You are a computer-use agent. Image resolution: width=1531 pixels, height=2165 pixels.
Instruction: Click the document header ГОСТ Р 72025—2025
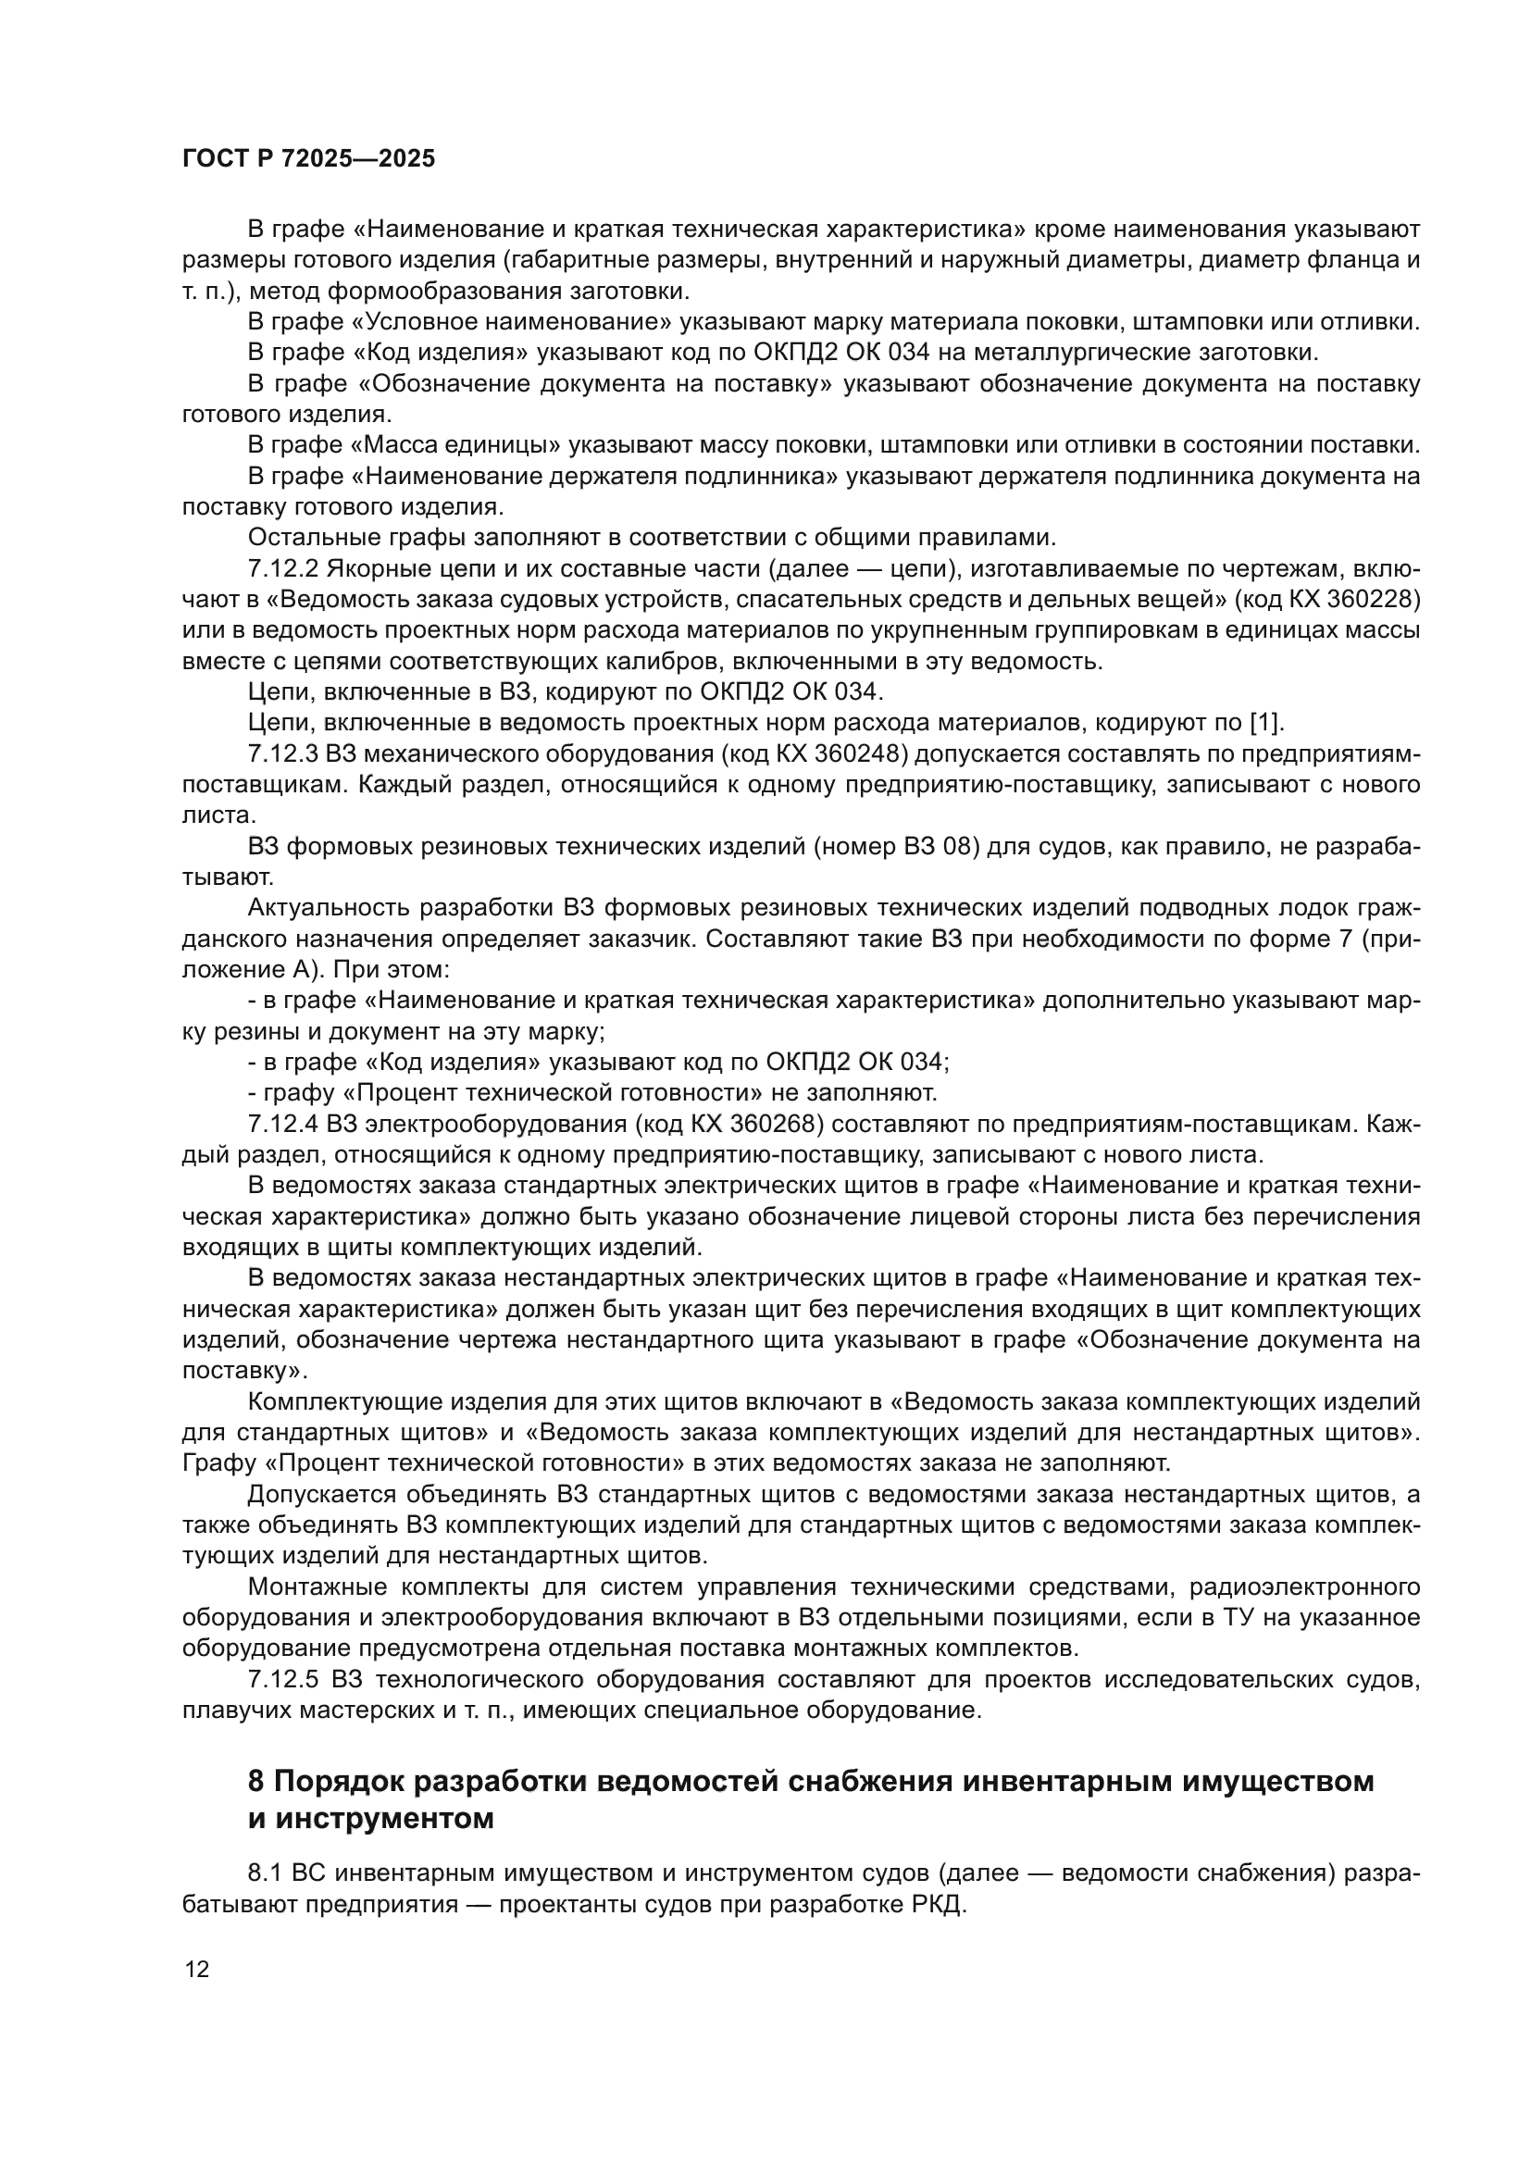[x=308, y=159]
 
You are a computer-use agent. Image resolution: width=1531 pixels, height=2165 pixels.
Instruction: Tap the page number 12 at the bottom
[x=197, y=1969]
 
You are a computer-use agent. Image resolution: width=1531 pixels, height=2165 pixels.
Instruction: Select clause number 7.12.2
[x=283, y=568]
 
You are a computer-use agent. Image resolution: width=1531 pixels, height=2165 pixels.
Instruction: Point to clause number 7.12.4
[x=283, y=1124]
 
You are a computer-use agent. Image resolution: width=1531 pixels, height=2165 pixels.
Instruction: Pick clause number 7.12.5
[x=283, y=1679]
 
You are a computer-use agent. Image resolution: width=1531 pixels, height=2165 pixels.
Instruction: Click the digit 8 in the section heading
[x=255, y=1782]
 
